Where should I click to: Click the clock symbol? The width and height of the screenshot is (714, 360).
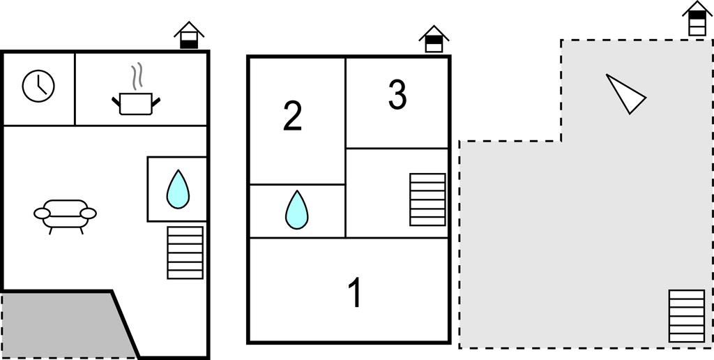click(x=38, y=86)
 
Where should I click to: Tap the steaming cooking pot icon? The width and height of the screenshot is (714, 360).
click(x=136, y=96)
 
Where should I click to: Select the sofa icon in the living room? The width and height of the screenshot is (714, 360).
click(x=65, y=216)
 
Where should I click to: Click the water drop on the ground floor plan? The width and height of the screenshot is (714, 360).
click(x=178, y=190)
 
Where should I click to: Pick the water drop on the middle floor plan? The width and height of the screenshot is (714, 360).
click(x=297, y=209)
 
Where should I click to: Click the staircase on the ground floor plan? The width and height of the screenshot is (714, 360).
click(x=185, y=253)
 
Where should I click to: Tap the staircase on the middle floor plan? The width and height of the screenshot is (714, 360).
click(x=427, y=199)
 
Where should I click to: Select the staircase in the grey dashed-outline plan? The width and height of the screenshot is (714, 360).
click(x=687, y=316)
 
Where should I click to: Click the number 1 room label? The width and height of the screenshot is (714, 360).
click(x=354, y=293)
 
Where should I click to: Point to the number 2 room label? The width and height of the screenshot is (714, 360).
click(x=292, y=116)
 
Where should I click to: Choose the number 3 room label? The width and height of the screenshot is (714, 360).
click(x=397, y=95)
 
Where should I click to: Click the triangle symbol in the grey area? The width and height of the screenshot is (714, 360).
click(x=625, y=93)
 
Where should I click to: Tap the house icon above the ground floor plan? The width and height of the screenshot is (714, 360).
click(x=189, y=35)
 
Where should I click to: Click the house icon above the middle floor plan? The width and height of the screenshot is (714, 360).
click(x=434, y=39)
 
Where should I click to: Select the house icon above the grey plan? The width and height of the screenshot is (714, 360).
click(x=697, y=18)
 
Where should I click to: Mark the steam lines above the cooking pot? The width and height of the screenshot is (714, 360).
click(x=137, y=77)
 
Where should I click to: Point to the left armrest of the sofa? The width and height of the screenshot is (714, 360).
click(x=42, y=213)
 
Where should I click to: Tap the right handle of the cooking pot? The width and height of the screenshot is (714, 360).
click(x=155, y=102)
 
